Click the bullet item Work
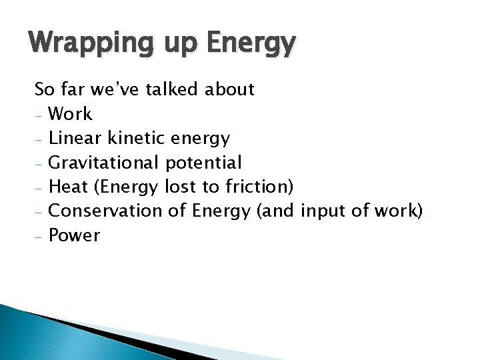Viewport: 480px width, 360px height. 71,114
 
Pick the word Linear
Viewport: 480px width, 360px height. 75,138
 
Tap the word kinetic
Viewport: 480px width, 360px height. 136,138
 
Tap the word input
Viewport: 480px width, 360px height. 322,211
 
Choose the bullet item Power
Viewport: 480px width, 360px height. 75,235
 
